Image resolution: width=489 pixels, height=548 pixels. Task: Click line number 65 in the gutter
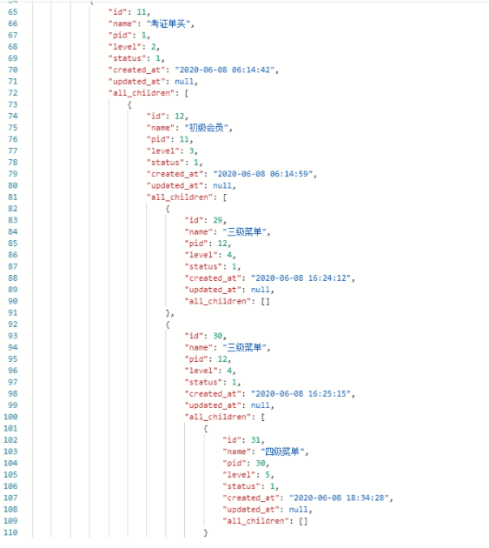pos(12,12)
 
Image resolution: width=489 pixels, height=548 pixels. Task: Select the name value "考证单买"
pos(169,23)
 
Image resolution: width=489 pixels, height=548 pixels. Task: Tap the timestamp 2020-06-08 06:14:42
pos(226,70)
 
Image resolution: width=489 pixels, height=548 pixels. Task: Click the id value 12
pos(180,116)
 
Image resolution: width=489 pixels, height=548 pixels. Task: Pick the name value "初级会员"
pos(207,128)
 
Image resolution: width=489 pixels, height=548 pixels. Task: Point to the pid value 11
pos(184,139)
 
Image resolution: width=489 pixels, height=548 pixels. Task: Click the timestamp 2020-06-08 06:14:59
pos(263,174)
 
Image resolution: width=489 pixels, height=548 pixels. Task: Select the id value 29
pos(218,220)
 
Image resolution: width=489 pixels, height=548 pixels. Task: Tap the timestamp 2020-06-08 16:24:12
pos(302,277)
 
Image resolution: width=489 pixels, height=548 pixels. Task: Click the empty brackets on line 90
pos(265,301)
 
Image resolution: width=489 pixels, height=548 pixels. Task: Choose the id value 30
pos(218,336)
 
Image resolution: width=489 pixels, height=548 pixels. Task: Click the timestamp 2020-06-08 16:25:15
pos(302,393)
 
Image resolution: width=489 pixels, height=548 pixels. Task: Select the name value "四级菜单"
pos(283,451)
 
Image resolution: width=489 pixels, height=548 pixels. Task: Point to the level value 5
pos(268,475)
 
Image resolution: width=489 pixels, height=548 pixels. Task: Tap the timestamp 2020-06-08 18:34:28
pos(340,498)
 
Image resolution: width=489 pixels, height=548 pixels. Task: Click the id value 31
pos(256,440)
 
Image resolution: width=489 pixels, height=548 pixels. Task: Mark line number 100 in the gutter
pos(10,417)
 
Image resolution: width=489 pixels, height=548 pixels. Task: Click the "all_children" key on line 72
pos(142,93)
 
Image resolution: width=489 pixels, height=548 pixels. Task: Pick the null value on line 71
pos(184,82)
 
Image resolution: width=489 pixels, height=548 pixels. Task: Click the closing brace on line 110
pos(206,532)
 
